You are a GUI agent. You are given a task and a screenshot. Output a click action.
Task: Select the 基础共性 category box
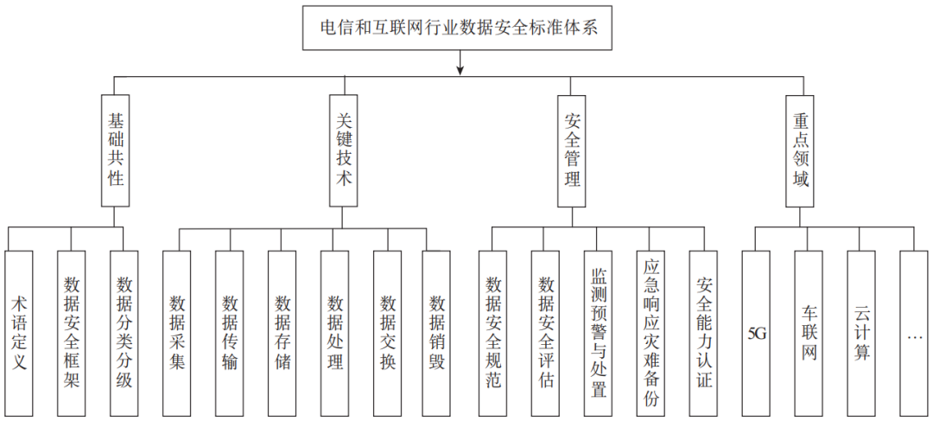pos(116,150)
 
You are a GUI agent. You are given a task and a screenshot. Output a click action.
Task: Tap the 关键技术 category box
pos(343,150)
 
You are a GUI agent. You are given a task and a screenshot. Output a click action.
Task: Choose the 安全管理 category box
pos(571,150)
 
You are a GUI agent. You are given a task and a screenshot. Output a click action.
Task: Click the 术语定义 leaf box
pos(19,333)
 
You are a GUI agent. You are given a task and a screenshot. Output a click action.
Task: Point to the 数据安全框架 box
pos(72,333)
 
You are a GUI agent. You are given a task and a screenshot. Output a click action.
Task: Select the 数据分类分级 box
pos(124,333)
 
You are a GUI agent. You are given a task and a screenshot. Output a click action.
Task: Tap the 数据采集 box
pos(177,333)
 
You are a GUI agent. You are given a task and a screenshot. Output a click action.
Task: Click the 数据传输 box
pos(230,333)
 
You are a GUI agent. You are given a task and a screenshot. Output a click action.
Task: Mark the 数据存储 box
pos(282,333)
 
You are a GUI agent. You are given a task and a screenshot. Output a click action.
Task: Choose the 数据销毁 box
pos(437,333)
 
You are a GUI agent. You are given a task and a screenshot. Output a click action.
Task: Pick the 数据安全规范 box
pos(493,333)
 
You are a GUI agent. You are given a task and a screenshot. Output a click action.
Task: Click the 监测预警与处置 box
pos(599,333)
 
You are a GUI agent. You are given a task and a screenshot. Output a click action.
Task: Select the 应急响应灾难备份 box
pos(651,333)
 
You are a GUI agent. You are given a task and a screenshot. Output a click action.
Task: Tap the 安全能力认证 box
pos(704,333)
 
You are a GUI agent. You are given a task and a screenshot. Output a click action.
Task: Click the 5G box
pos(756,333)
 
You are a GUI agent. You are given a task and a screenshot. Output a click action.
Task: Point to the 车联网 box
pos(809,333)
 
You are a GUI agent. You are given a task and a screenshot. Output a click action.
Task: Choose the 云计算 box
pos(861,333)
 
